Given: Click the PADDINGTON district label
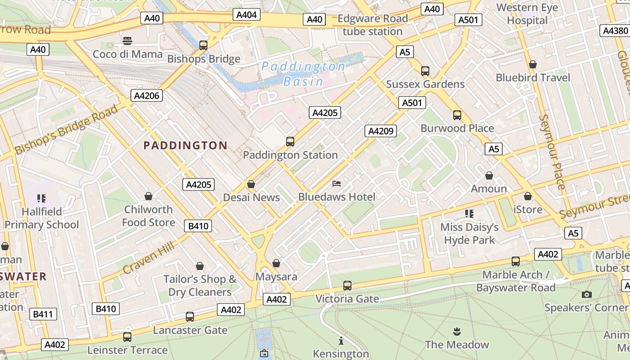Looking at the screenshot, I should [x=185, y=145].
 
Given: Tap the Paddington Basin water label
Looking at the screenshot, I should [x=304, y=74].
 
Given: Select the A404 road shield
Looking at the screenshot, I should [x=247, y=15].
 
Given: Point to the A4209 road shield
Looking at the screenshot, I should [x=381, y=131].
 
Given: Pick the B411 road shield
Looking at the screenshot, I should [x=43, y=314].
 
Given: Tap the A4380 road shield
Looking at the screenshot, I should [x=615, y=31].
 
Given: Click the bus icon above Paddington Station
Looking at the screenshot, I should [x=290, y=142].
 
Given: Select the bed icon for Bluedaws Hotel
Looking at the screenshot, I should [x=337, y=184].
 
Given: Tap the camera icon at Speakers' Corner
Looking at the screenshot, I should [x=586, y=294].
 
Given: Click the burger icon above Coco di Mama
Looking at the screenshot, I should [x=127, y=41].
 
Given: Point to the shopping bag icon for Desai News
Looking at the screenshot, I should [x=251, y=184].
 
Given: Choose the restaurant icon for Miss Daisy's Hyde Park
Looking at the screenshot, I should [x=469, y=214].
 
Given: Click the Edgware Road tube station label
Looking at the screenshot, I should [x=373, y=25].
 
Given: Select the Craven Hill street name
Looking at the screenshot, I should [x=148, y=257].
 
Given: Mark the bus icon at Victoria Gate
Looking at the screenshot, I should [x=347, y=286].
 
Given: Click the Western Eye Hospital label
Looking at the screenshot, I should [x=527, y=14].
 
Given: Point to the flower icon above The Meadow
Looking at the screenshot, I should [x=457, y=332].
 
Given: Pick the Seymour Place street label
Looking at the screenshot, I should [x=552, y=152].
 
